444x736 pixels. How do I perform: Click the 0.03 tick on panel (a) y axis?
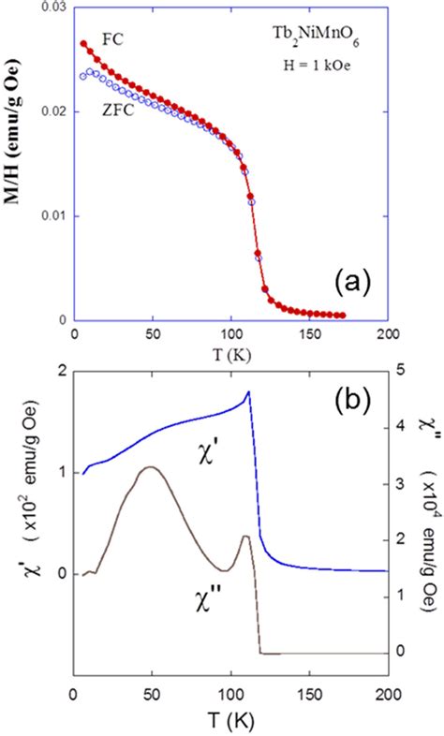54,8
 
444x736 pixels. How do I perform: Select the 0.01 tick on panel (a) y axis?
54,216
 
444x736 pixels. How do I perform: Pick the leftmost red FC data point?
83,43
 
